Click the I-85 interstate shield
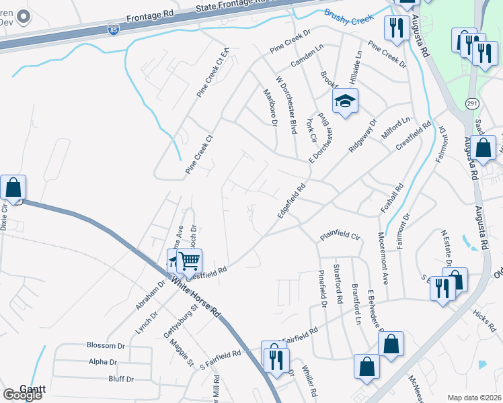point(114,30)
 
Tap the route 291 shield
point(471,103)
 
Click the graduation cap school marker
point(346,101)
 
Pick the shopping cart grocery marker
point(190,261)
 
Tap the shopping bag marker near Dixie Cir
point(13,188)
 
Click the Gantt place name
point(32,388)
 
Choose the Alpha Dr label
point(102,362)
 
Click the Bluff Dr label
point(120,379)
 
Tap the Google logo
point(22,395)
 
